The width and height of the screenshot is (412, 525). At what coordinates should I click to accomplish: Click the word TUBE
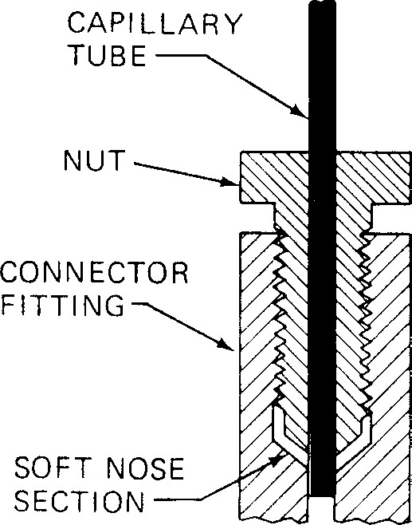(x=119, y=57)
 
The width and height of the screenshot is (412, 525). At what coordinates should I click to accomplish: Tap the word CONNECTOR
(x=95, y=274)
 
